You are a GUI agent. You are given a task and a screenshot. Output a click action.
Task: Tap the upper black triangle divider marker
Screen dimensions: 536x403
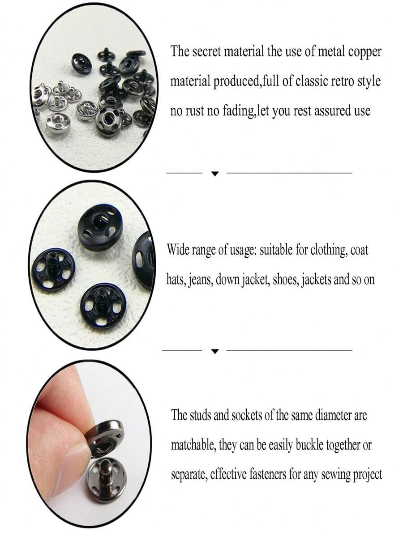tap(215, 174)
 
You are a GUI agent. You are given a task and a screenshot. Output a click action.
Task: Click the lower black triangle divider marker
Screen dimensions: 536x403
tap(215, 352)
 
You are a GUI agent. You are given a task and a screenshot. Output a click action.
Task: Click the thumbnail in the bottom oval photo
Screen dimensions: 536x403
tap(67, 465)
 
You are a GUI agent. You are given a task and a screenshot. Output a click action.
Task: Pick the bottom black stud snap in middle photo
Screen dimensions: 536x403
tap(103, 305)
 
